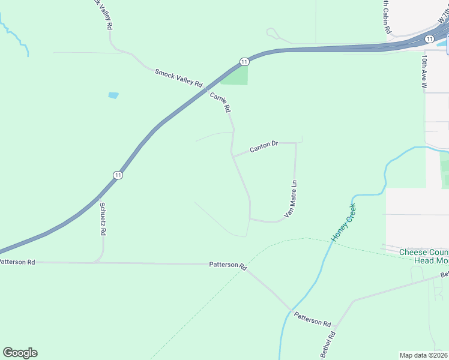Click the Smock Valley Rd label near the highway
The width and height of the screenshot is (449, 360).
tap(179, 78)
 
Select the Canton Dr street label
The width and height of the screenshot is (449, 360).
tap(264, 146)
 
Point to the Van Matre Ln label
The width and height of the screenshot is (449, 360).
tap(291, 198)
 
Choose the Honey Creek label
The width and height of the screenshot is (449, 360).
tap(344, 223)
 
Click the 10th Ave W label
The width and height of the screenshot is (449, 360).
tap(424, 73)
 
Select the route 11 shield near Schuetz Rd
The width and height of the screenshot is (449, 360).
tap(118, 175)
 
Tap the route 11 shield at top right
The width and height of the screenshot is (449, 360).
tap(429, 38)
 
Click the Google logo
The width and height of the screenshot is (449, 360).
tap(20, 353)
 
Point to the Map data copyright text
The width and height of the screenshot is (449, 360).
tap(424, 355)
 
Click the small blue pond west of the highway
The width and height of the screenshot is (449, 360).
tap(113, 95)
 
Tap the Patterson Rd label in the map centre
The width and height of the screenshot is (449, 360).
tap(228, 265)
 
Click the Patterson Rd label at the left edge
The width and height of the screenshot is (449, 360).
tap(17, 262)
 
